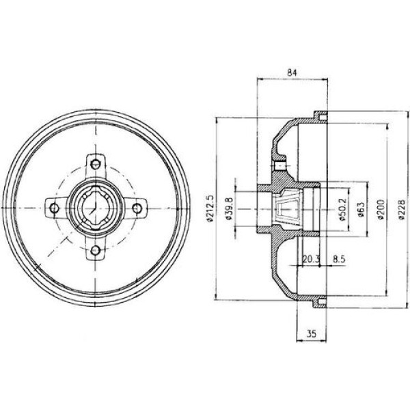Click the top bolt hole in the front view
tap(96, 163)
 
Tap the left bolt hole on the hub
tap(53, 206)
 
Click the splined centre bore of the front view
tap(96, 207)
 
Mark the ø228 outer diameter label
tap(401, 208)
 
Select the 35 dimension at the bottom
tap(312, 334)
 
